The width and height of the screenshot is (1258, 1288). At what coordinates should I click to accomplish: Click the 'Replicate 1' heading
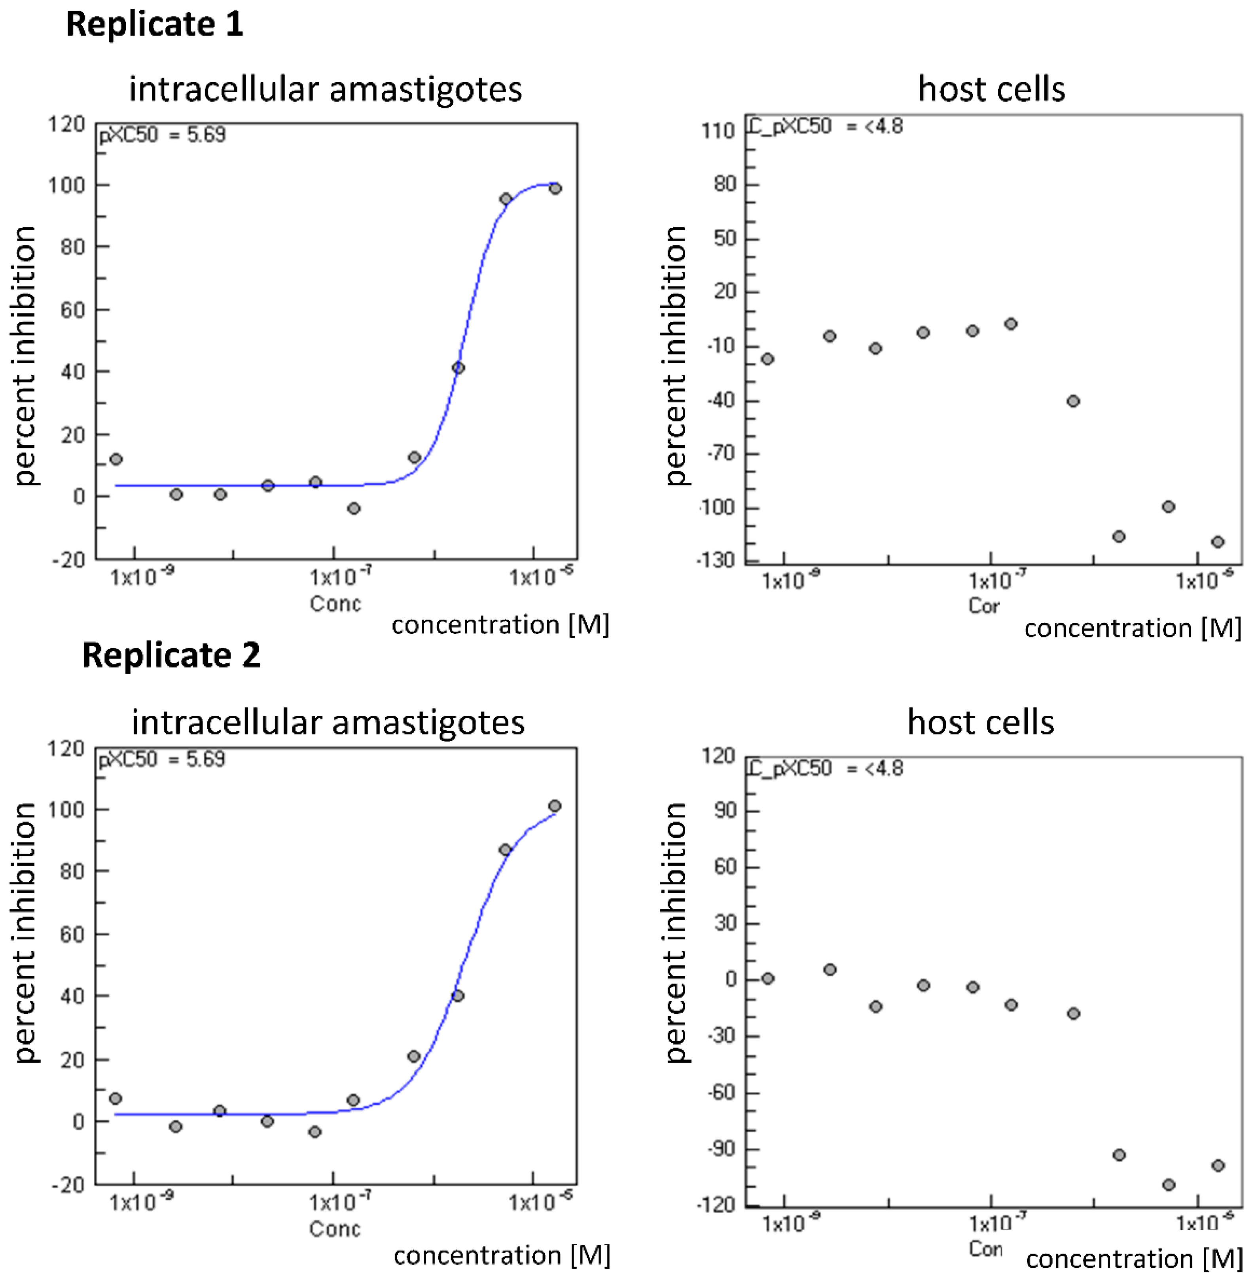pos(155,25)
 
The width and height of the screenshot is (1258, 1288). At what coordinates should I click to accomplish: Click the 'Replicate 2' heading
pos(171,656)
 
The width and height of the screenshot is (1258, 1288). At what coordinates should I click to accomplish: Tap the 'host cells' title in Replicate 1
pos(991,89)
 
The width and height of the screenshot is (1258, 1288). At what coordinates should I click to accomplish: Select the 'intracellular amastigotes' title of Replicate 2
pos(328,722)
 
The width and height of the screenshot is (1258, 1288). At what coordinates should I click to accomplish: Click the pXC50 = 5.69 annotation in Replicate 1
pos(163,135)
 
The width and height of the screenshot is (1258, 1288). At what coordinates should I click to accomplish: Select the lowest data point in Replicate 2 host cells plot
pos(1168,1185)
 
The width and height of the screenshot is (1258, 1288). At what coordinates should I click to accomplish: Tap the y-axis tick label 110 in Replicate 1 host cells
pos(718,131)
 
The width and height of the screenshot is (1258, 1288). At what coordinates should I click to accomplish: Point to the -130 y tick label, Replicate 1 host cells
pos(716,560)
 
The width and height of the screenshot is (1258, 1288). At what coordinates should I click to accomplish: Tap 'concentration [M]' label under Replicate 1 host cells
pos(1133,628)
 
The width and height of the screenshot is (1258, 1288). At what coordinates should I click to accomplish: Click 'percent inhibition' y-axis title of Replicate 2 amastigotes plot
pos(25,932)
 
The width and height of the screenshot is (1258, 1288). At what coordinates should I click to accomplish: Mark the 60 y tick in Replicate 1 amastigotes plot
pos(73,310)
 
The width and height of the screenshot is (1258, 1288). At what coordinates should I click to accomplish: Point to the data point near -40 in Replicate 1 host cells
pos(1073,401)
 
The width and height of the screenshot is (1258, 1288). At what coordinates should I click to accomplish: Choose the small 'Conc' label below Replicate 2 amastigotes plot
pos(334,1229)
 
